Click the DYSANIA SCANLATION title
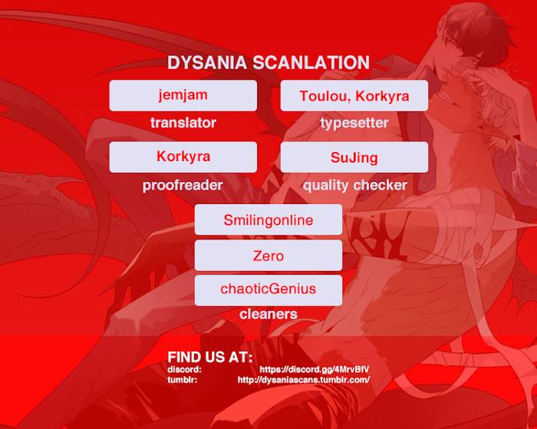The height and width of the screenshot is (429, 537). pyautogui.click(x=268, y=63)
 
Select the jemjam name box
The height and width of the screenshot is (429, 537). pyautogui.click(x=183, y=96)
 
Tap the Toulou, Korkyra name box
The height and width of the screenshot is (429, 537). pyautogui.click(x=354, y=96)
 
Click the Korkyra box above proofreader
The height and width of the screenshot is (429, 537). pyautogui.click(x=183, y=157)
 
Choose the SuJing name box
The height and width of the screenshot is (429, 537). pyautogui.click(x=354, y=157)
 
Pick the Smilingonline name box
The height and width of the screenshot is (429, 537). pyautogui.click(x=268, y=219)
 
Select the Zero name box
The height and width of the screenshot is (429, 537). pyautogui.click(x=268, y=256)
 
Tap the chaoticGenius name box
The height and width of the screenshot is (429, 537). pyautogui.click(x=268, y=290)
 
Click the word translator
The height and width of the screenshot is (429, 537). pyautogui.click(x=183, y=123)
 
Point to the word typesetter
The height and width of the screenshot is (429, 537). pyautogui.click(x=354, y=123)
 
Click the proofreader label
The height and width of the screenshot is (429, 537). pyautogui.click(x=183, y=186)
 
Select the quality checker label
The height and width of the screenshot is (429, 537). pyautogui.click(x=355, y=186)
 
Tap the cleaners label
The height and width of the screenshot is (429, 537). pyautogui.click(x=268, y=314)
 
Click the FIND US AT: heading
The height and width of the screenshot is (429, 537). pyautogui.click(x=210, y=357)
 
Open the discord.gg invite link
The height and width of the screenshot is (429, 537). pyautogui.click(x=315, y=369)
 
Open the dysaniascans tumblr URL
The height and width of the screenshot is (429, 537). pyautogui.click(x=304, y=380)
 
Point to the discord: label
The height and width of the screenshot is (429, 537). pyautogui.click(x=185, y=369)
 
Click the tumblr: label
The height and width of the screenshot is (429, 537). pyautogui.click(x=183, y=380)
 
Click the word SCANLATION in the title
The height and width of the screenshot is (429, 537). pyautogui.click(x=311, y=63)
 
